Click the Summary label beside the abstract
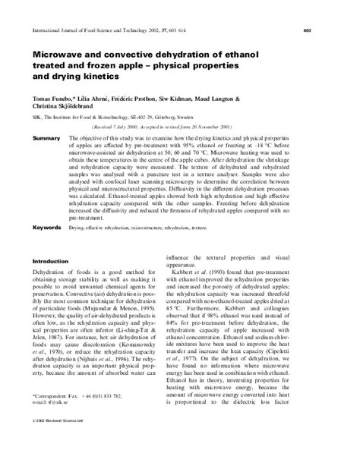point(46,140)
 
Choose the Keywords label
point(47,227)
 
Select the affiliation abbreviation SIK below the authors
point(37,119)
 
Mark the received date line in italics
point(152,130)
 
